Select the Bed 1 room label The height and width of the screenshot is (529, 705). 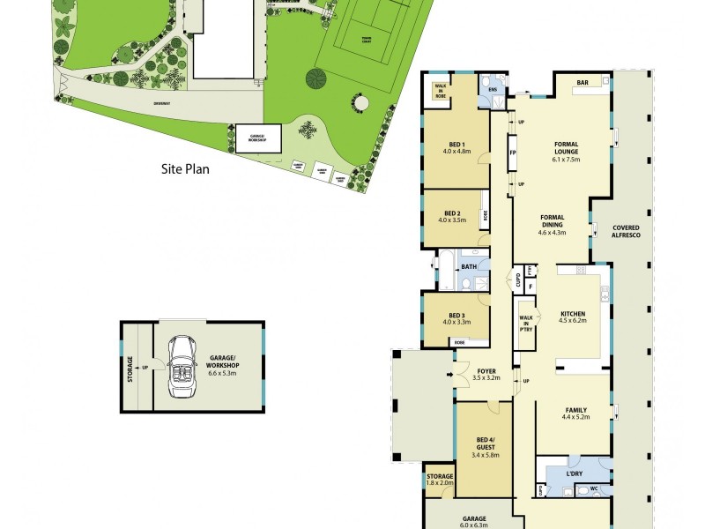(x=456, y=147)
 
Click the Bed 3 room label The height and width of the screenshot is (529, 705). (x=456, y=318)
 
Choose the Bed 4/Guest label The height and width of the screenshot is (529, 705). (x=485, y=445)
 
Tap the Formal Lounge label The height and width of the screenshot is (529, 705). (x=566, y=152)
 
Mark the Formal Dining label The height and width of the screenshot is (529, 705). (x=552, y=224)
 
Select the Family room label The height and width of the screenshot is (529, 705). (x=575, y=411)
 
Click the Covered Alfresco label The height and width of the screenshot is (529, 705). (x=626, y=232)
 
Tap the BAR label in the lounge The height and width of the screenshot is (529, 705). (x=583, y=84)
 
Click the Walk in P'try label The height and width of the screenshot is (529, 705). (x=526, y=323)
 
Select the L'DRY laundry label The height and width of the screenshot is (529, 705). (x=575, y=474)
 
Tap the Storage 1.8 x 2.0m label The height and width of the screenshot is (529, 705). (x=440, y=480)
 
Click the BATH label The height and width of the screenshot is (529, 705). (x=469, y=266)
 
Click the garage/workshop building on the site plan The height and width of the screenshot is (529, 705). (x=258, y=138)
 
